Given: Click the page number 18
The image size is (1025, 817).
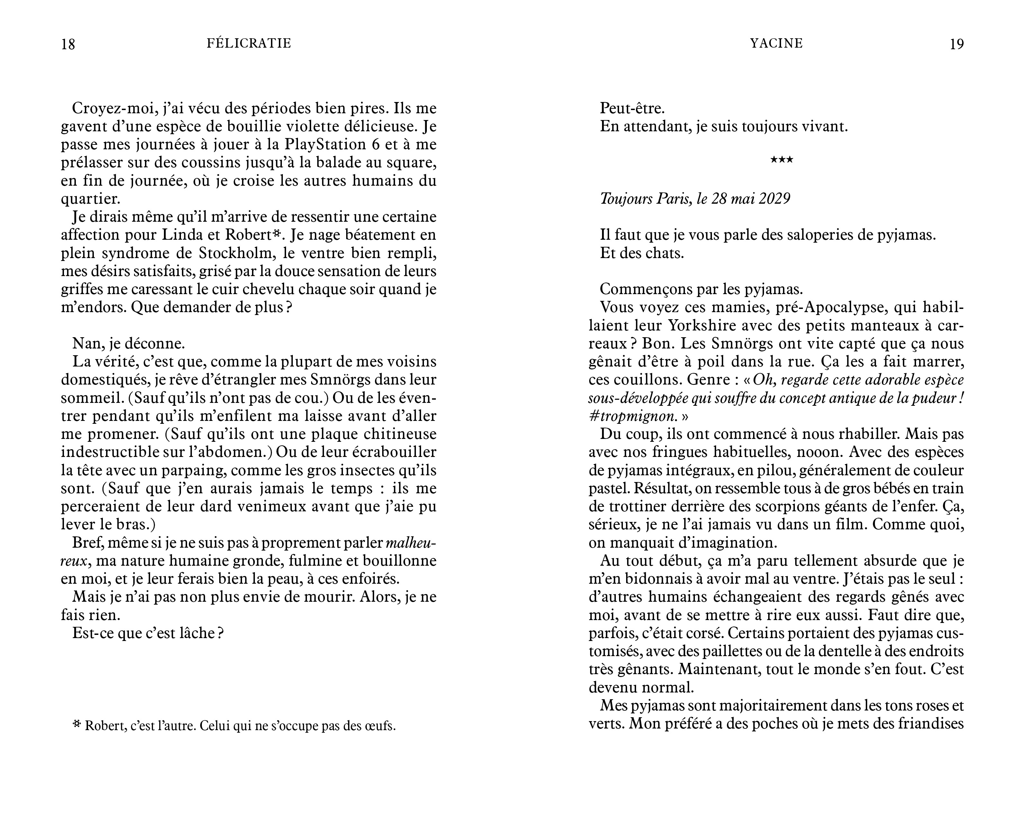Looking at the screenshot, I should coord(68,44).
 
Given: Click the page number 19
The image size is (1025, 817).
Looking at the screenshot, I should coord(957,44).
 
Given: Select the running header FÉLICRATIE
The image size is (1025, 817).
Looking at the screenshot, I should coord(249,43).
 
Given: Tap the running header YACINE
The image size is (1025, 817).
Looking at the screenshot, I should coord(776,43).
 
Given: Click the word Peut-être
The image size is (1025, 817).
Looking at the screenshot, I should coord(632,108).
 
